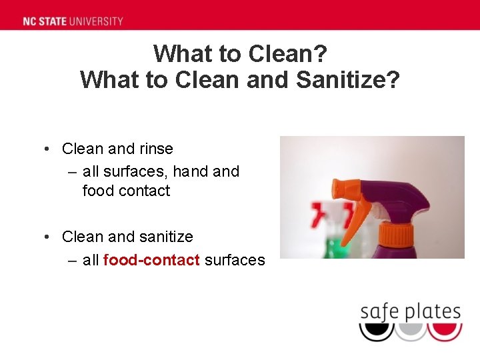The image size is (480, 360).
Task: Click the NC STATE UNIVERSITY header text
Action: coord(73,21)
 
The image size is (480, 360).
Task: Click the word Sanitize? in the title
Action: coord(347,79)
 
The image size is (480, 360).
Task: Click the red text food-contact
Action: coord(151,260)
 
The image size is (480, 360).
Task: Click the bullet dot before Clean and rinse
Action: coord(49,149)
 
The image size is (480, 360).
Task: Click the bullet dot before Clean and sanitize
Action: coord(49,237)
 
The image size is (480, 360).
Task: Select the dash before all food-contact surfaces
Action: coord(73,260)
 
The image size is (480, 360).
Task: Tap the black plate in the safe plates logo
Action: coord(376,331)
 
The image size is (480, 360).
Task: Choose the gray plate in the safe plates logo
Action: coord(409,331)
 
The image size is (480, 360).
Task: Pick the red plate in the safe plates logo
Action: coord(444,331)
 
